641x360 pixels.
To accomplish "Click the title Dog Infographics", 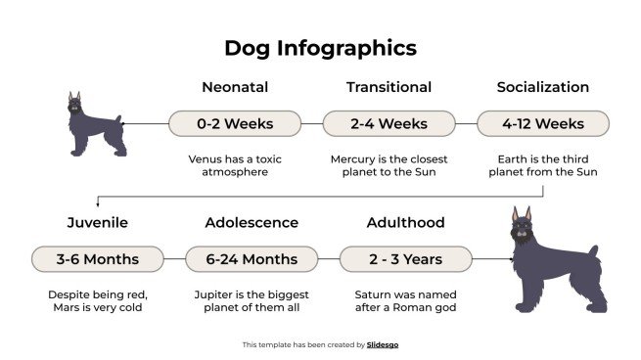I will [320, 47].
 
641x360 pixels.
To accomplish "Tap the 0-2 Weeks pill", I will [235, 124].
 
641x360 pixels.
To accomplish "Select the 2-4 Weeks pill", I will [389, 124].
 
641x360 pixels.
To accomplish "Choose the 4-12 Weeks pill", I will [542, 124].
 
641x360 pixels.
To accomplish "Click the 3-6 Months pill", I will [97, 259].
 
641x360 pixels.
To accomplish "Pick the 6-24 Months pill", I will [252, 259].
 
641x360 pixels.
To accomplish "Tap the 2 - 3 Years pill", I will [405, 259].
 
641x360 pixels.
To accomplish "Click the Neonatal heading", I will [235, 87].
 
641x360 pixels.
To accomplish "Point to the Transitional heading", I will [389, 87].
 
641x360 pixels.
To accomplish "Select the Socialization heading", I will [542, 87].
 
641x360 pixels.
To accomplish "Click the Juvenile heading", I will [97, 222].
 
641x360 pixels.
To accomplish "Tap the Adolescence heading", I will [252, 222].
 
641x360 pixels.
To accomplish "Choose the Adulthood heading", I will [405, 222].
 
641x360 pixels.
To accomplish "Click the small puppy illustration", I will [95, 125].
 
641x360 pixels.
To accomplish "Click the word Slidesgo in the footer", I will [383, 344].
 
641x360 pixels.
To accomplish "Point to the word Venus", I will [206, 157].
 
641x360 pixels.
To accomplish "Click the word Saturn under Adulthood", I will [372, 293].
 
